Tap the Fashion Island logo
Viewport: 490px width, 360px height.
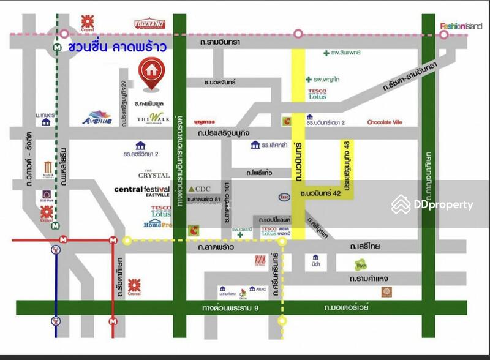[461, 26]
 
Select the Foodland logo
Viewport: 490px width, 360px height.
[150, 24]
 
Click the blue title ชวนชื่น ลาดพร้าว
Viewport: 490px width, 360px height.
[117, 47]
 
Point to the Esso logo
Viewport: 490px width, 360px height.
[284, 197]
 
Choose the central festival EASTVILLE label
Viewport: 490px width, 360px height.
[141, 192]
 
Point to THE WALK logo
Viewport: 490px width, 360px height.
[151, 118]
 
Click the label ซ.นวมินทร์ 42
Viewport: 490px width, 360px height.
[320, 193]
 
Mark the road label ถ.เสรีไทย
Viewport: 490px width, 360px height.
[365, 246]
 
